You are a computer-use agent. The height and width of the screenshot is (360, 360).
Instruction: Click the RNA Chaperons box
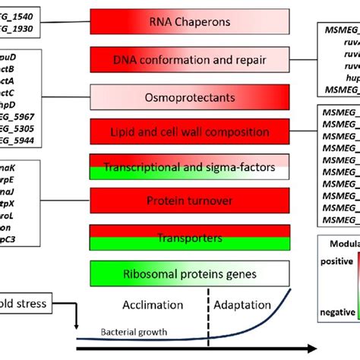coord(189,22)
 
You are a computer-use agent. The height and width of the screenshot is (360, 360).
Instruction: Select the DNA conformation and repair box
coord(189,59)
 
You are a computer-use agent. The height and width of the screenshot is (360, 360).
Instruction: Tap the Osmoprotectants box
coord(189,97)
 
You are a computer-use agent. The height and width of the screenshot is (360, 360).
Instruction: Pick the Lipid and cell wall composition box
coord(189,131)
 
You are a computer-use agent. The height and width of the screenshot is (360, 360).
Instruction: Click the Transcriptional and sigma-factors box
coord(189,167)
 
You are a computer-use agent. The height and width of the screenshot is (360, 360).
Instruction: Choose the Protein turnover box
coord(189,201)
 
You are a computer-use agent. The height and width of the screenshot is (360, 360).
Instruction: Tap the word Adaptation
coord(242,305)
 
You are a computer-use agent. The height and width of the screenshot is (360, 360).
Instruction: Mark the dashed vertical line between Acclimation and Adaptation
coord(207,319)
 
